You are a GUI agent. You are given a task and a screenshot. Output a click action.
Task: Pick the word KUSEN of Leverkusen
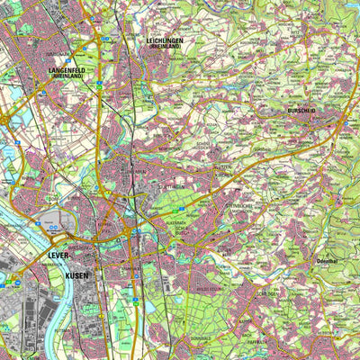pos(77,274)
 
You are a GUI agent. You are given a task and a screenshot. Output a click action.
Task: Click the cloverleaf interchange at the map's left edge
pos(7,117)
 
